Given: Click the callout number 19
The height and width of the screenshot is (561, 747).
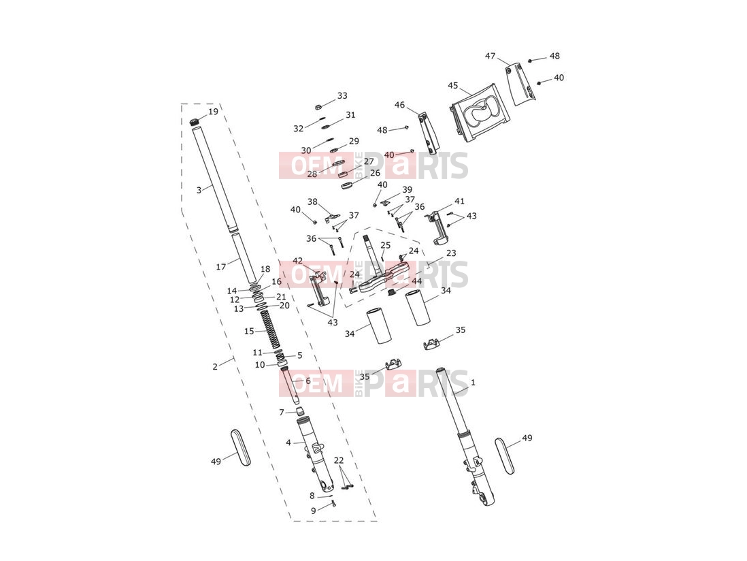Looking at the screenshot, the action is [213, 112].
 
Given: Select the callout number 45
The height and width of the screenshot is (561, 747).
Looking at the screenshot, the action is [452, 86].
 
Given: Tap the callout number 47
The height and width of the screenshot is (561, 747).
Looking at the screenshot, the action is [491, 57].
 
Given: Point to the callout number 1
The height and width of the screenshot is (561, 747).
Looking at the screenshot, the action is [473, 382].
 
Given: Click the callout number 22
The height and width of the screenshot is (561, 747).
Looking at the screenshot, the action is [339, 460].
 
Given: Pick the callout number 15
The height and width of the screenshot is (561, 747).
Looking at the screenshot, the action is [249, 332].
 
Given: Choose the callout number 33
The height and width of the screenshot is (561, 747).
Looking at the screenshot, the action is [342, 96].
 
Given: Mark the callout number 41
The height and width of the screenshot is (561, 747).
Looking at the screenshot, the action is [459, 201].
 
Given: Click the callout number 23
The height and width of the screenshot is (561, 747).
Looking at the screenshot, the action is [450, 253].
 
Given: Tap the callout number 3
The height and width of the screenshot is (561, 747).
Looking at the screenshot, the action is [199, 190].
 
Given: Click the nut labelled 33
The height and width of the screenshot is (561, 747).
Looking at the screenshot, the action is [319, 107].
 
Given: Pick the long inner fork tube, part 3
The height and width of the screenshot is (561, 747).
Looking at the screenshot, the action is [214, 178].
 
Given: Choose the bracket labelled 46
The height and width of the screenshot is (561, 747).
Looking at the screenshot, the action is [429, 133].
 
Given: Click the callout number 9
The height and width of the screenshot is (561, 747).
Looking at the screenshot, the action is [314, 511].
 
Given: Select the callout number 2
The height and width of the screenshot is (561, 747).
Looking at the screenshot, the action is [215, 366].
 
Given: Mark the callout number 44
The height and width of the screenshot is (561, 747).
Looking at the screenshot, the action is [417, 281].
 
